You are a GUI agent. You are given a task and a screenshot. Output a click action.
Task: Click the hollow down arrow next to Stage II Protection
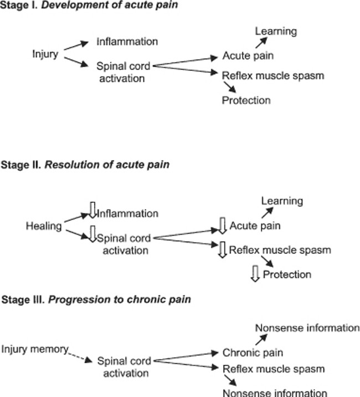[255, 273]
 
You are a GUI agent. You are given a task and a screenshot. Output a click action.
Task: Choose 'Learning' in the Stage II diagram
[282, 201]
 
